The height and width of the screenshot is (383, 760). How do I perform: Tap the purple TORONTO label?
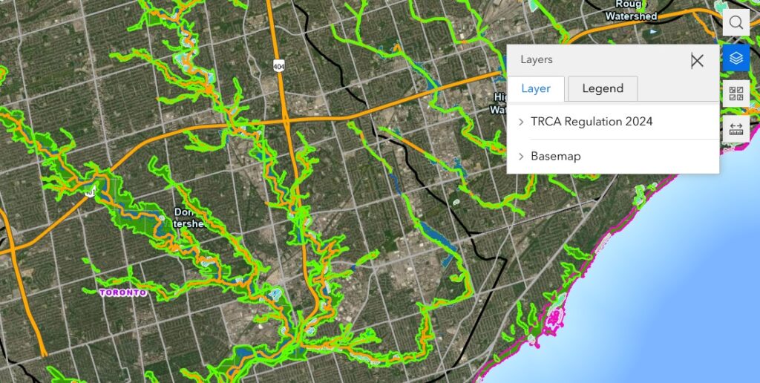pyautogui.click(x=123, y=292)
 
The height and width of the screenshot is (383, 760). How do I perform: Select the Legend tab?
pyautogui.click(x=603, y=88)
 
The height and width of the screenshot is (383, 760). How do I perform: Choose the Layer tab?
pyautogui.click(x=536, y=88)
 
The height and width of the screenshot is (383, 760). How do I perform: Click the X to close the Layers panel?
pyautogui.click(x=696, y=60)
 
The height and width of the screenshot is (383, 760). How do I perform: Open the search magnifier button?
pyautogui.click(x=736, y=22)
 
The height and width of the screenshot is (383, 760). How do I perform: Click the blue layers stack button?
pyautogui.click(x=736, y=58)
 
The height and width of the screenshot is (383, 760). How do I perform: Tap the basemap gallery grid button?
pyautogui.click(x=736, y=94)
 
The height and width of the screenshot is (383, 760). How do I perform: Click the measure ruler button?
pyautogui.click(x=736, y=128)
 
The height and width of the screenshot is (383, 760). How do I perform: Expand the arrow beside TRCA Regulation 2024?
pyautogui.click(x=521, y=122)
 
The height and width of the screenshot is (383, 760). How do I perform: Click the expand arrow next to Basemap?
pyautogui.click(x=521, y=157)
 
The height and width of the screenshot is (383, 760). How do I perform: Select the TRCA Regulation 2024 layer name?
pyautogui.click(x=592, y=122)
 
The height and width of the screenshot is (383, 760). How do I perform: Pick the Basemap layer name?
pyautogui.click(x=555, y=157)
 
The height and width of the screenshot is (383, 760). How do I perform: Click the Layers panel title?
pyautogui.click(x=537, y=59)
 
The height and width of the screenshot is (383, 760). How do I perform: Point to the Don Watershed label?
pyautogui.click(x=186, y=217)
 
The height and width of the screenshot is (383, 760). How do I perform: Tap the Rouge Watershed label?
pyautogui.click(x=630, y=10)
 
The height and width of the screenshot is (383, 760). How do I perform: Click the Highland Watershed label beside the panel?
pyautogui.click(x=500, y=103)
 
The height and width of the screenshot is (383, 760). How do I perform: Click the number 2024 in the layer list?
pyautogui.click(x=639, y=122)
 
